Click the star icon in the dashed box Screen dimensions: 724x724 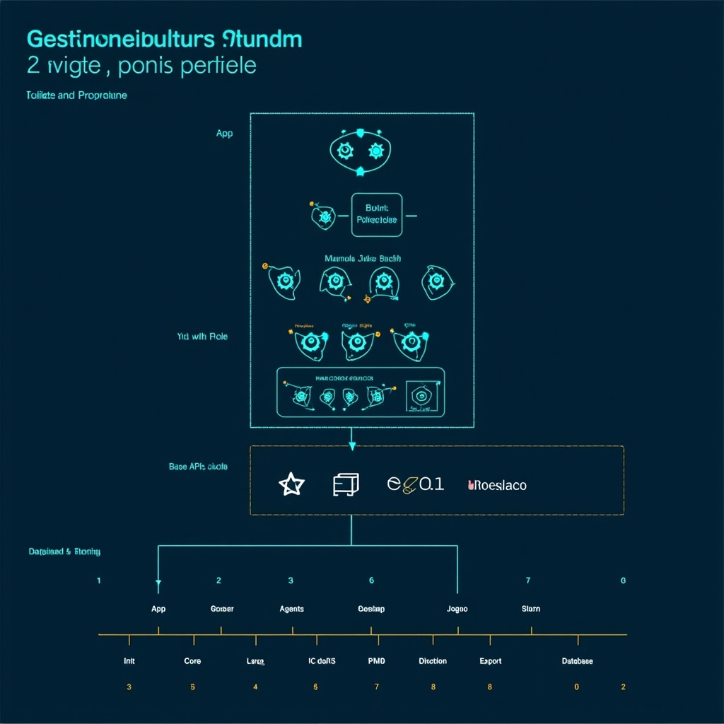(x=291, y=485)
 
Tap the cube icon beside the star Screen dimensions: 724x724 (x=346, y=484)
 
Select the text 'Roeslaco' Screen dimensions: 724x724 (x=498, y=485)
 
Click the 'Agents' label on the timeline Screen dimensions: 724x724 (x=292, y=609)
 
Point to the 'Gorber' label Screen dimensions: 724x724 (x=222, y=609)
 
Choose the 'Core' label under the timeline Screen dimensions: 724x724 (x=192, y=661)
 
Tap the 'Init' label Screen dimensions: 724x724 (x=129, y=661)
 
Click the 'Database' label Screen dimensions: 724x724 (x=577, y=661)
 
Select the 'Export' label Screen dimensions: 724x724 (x=490, y=661)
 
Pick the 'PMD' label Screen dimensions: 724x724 (x=377, y=661)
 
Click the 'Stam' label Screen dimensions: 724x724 (x=531, y=609)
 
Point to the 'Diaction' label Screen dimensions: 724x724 (x=433, y=661)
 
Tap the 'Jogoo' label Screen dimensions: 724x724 (x=457, y=609)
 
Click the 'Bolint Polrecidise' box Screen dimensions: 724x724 (x=376, y=215)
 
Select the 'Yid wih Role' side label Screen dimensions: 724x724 (x=202, y=337)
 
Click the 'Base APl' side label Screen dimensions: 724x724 (x=198, y=467)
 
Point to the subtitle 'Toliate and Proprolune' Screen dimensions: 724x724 (x=76, y=95)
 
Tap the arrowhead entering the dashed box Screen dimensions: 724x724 (x=351, y=445)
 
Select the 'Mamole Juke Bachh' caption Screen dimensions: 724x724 (x=363, y=259)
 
